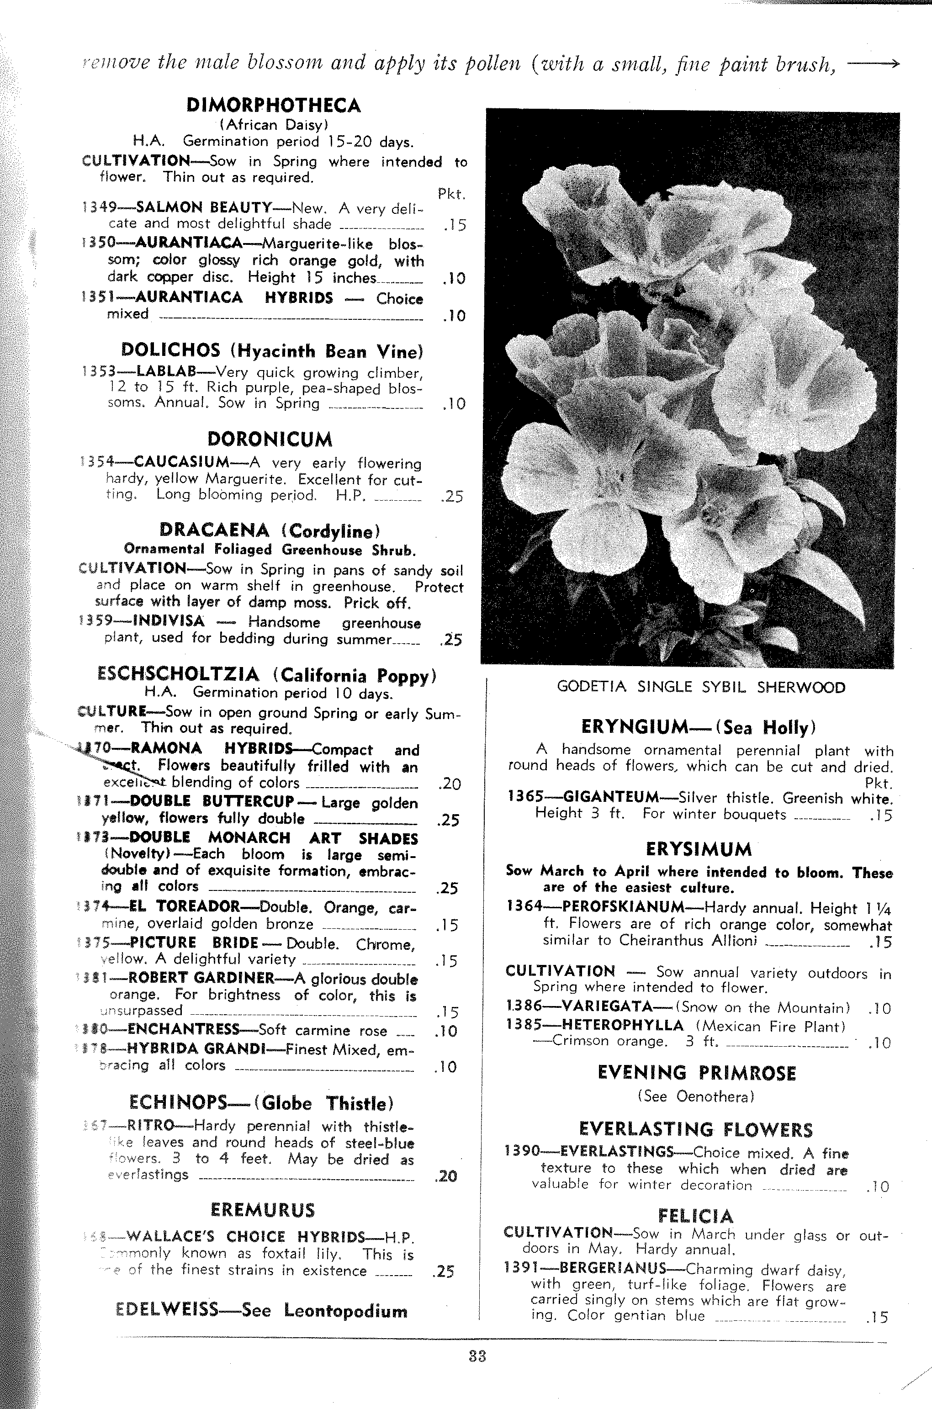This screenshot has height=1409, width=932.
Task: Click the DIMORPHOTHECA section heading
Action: pyautogui.click(x=273, y=106)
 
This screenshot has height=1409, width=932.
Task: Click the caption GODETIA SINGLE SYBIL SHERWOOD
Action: pyautogui.click(x=701, y=688)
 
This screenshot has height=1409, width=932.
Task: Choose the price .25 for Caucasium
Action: pyautogui.click(x=452, y=496)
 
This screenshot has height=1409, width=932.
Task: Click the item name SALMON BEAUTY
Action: pyautogui.click(x=204, y=207)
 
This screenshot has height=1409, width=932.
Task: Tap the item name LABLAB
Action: pyautogui.click(x=166, y=371)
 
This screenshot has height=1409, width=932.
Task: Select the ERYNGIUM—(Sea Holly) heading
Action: pyautogui.click(x=699, y=727)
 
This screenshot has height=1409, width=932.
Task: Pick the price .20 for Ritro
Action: pyautogui.click(x=446, y=1176)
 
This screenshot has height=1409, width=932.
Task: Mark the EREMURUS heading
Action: pyautogui.click(x=262, y=1210)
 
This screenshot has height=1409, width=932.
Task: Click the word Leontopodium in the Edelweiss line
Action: pyautogui.click(x=345, y=1311)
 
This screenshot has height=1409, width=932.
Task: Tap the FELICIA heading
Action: pyautogui.click(x=695, y=1216)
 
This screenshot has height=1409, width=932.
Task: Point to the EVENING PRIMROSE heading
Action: pyautogui.click(x=697, y=1073)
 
